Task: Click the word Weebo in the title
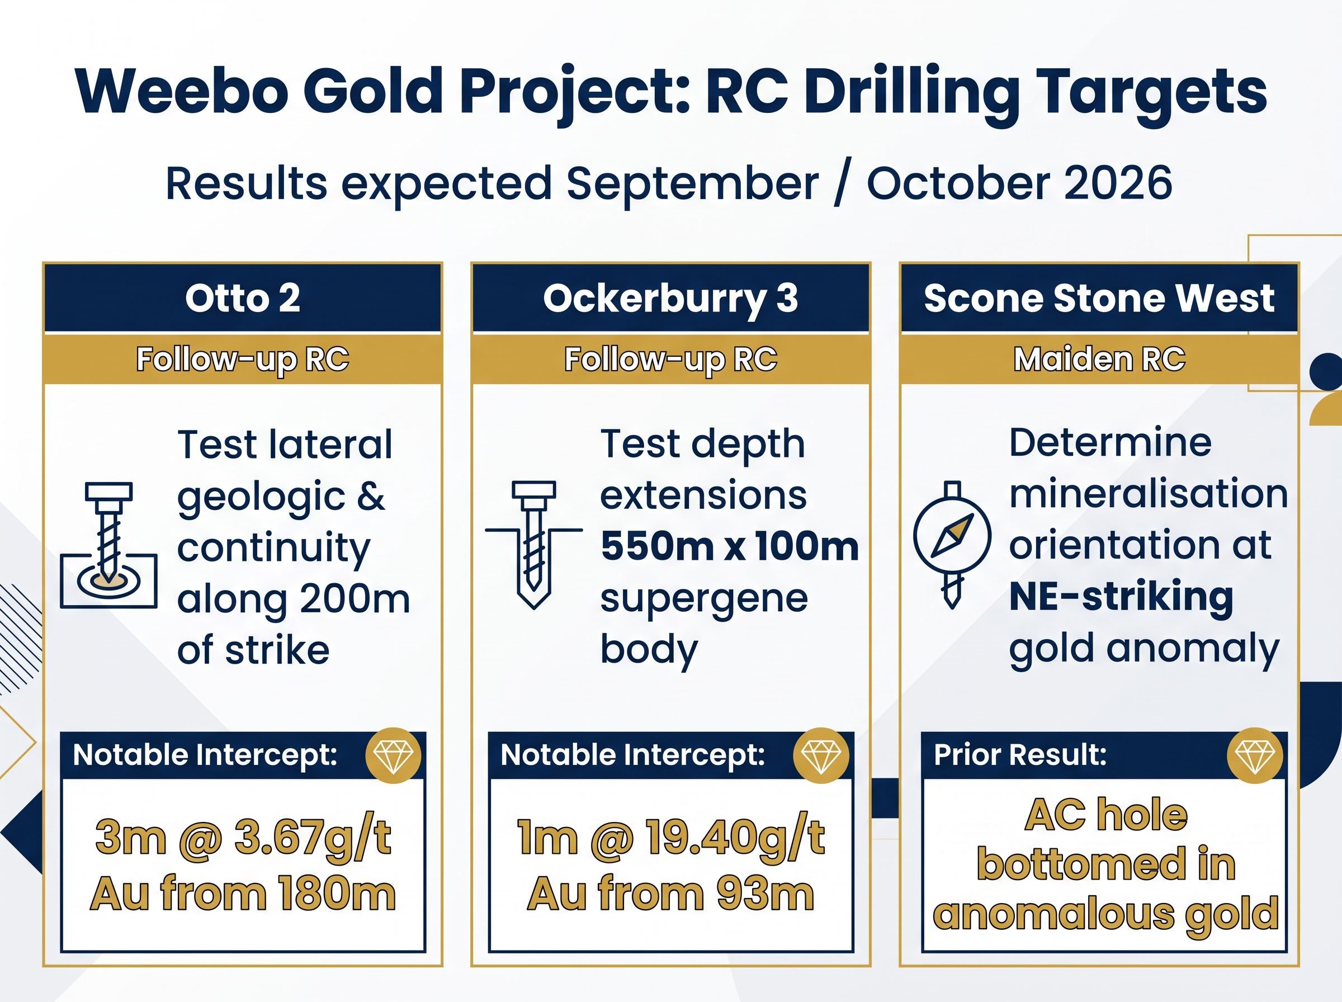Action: [x=181, y=91]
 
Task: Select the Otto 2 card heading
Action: [x=243, y=299]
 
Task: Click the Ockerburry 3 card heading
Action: [x=670, y=299]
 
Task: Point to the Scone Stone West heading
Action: [x=1099, y=299]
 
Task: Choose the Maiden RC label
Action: [x=1099, y=359]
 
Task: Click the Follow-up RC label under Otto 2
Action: [x=243, y=360]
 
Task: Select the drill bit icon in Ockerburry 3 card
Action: [x=533, y=545]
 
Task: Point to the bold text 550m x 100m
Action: [x=730, y=546]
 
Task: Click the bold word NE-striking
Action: [x=1121, y=597]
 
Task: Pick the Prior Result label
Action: [x=1020, y=755]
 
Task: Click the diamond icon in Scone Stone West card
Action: [x=1255, y=756]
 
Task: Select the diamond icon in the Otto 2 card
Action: [x=394, y=756]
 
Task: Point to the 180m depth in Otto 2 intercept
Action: [x=337, y=895]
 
